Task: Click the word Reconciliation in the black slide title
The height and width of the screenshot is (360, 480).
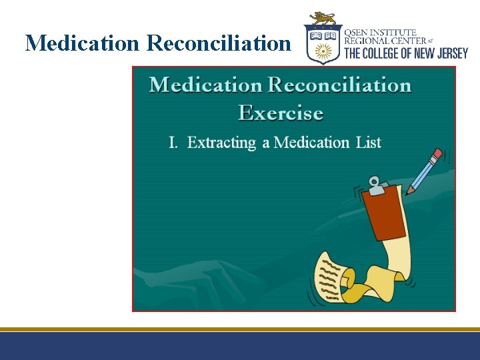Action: coord(219,43)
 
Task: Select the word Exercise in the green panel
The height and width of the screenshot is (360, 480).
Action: coord(281,113)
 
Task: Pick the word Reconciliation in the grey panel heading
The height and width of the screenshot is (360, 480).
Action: coord(339,85)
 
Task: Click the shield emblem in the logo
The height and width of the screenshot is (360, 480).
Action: coord(323,45)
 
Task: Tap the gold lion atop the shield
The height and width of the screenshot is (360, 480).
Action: coord(323,19)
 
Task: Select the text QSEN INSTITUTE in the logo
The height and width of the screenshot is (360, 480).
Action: coord(380,32)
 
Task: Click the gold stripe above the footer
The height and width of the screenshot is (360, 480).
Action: coord(240,329)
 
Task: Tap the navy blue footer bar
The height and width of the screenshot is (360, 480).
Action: coord(240,346)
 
